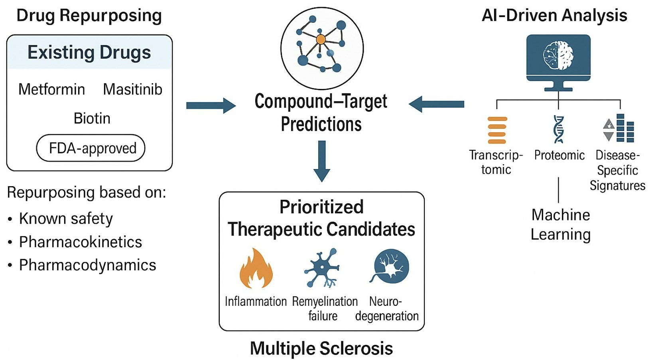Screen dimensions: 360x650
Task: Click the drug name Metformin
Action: pos(52,89)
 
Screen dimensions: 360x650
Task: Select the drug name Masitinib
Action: pos(132,89)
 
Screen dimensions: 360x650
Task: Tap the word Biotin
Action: pos(92,118)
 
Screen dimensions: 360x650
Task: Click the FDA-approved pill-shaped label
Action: pos(91,148)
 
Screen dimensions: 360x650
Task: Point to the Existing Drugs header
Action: pos(89,53)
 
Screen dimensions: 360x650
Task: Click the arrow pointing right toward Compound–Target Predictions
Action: pos(211,106)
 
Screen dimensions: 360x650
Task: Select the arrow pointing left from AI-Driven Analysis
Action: pos(436,104)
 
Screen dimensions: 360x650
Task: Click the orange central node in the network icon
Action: pos(321,39)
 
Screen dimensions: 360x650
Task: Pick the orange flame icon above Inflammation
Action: pos(256,269)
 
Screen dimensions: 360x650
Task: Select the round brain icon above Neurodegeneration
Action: pos(391,266)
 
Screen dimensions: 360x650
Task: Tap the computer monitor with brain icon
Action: pos(558,60)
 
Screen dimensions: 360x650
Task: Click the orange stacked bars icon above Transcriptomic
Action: pos(497,130)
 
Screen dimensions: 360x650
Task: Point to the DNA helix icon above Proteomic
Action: pos(559,130)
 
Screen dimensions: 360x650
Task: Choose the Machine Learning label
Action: pos(560,224)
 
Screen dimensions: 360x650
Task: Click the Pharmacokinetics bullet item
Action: pos(80,242)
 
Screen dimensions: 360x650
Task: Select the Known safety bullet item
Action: pos(66,218)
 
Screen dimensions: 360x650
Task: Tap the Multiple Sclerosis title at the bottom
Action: pos(321,348)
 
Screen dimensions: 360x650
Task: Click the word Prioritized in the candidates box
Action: pos(321,207)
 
